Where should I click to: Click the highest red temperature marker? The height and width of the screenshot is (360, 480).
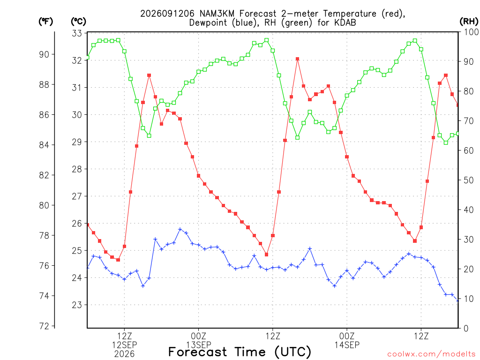[297, 59]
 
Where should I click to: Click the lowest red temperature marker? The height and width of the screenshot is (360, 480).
[118, 260]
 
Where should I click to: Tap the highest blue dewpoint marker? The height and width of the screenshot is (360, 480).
[180, 229]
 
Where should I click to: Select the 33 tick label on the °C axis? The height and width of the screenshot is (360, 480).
[77, 33]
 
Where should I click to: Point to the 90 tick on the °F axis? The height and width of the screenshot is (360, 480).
[44, 54]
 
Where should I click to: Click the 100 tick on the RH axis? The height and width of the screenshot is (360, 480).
[471, 32]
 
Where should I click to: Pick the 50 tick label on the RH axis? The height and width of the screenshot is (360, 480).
[469, 180]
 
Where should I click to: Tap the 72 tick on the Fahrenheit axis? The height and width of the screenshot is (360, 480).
[44, 326]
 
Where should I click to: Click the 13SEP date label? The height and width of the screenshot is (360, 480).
[199, 345]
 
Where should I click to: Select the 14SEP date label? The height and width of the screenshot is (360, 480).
[347, 345]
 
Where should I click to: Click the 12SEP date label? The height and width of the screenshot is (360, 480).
[124, 345]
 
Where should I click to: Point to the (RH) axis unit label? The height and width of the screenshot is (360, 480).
[469, 22]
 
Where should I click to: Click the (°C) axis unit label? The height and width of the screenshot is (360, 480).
[78, 22]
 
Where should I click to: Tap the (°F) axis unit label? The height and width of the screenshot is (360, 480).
[45, 22]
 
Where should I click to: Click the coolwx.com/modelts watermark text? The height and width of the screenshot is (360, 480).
[431, 354]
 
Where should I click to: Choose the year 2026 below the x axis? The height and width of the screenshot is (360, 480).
[124, 354]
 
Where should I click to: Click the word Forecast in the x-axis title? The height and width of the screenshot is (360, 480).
[198, 352]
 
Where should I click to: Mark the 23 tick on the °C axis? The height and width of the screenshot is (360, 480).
[77, 305]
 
